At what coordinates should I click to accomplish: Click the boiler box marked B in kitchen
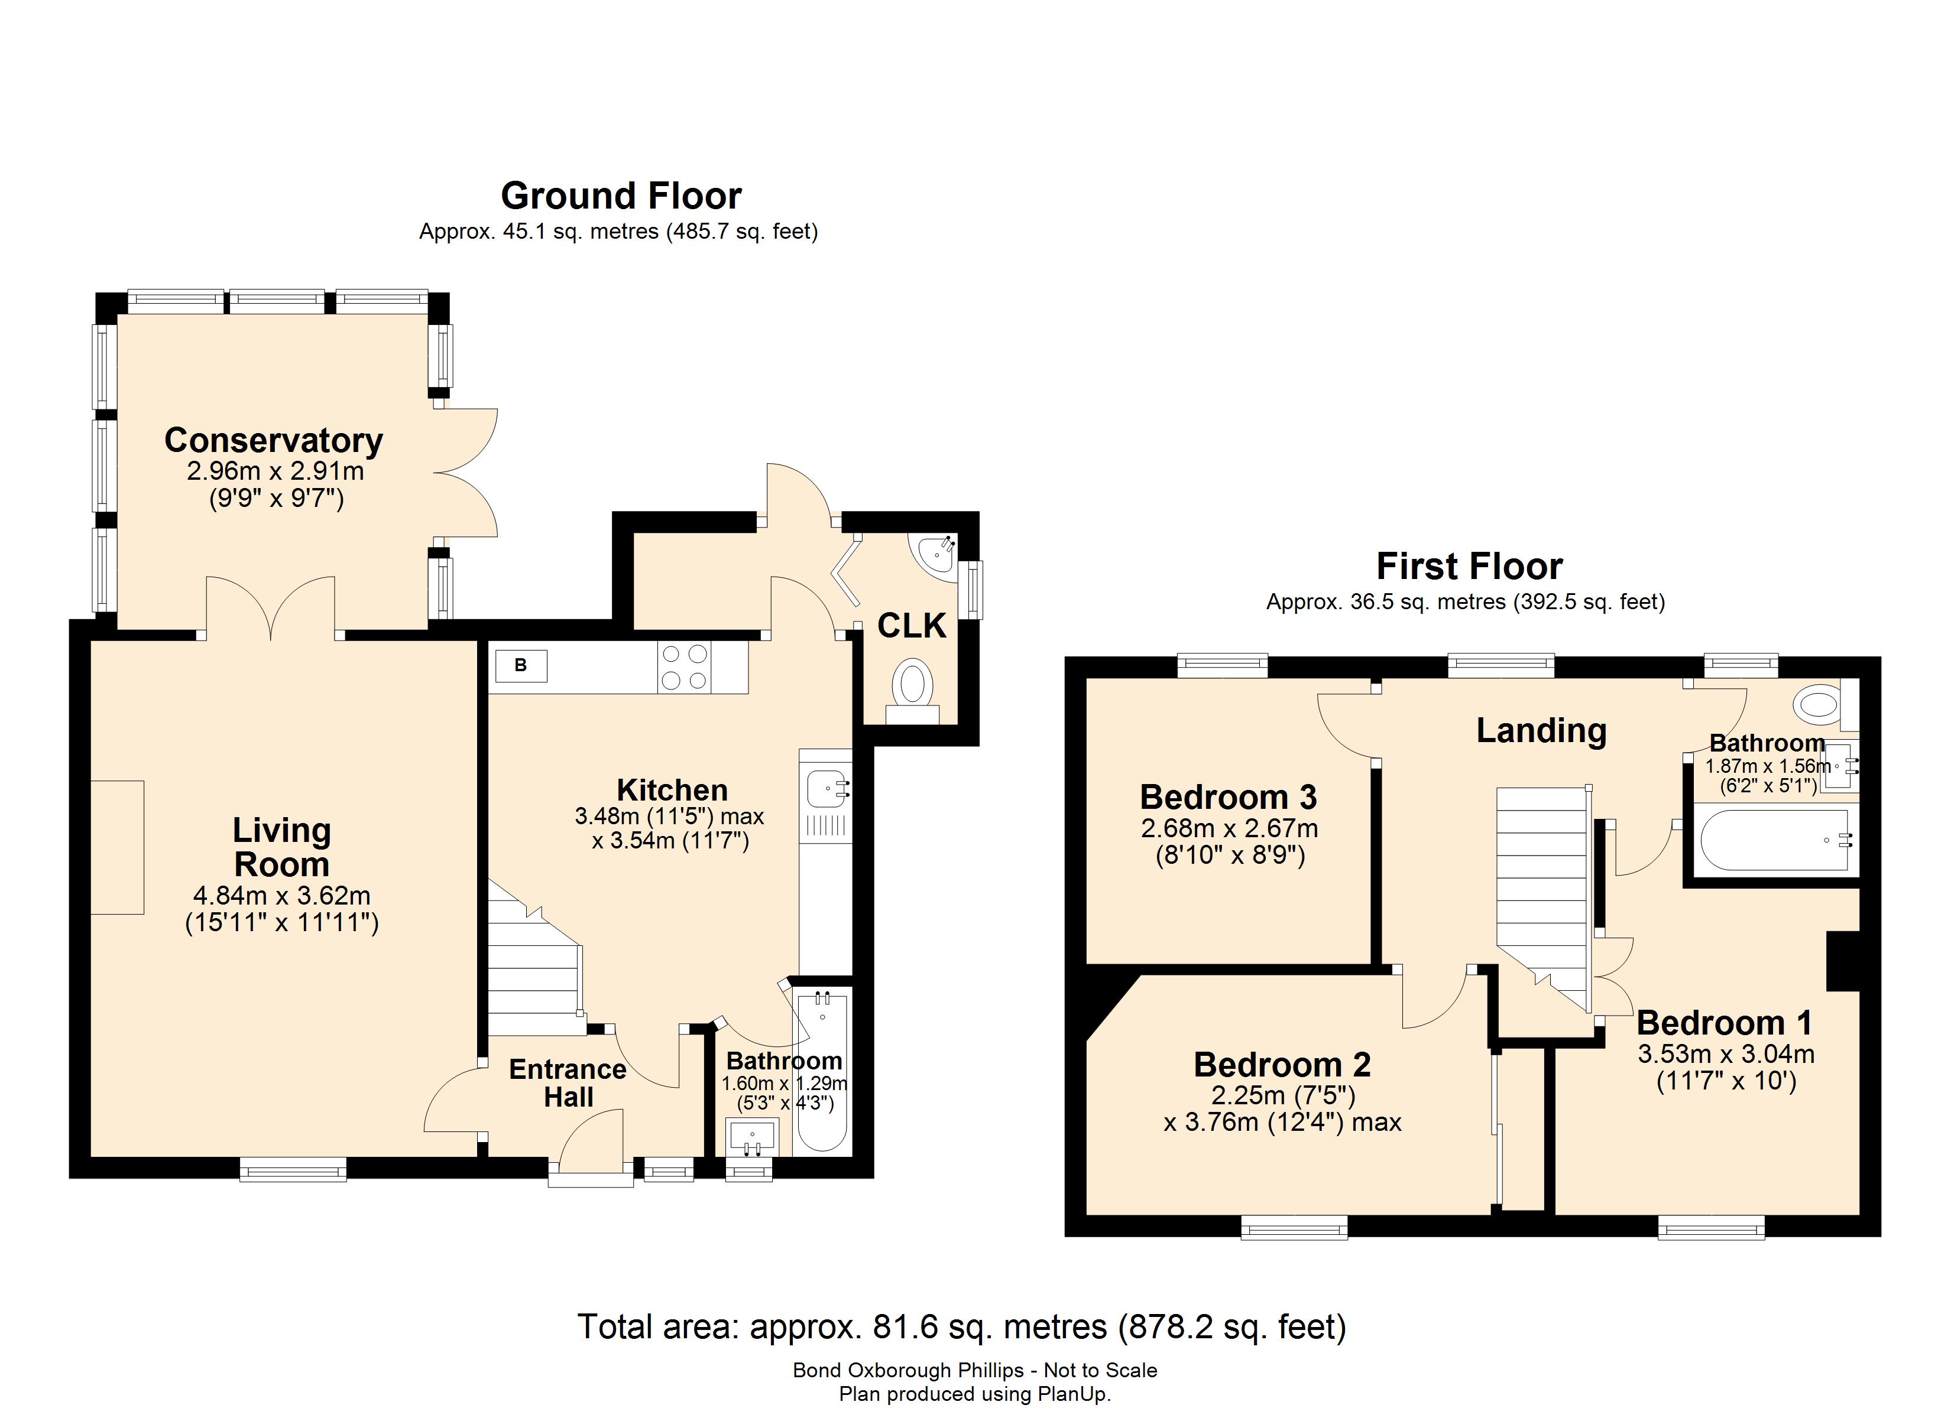click(520, 666)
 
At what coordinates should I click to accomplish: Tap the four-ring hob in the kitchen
click(684, 667)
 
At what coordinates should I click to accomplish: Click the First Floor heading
click(1469, 567)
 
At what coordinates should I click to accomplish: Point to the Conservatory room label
click(274, 440)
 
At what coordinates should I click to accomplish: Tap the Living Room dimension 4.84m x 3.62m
click(281, 895)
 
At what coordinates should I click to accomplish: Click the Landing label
click(1541, 730)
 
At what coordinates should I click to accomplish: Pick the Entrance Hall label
click(568, 1082)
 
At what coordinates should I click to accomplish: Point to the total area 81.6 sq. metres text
click(961, 1327)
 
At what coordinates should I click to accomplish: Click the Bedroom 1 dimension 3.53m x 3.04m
click(1726, 1053)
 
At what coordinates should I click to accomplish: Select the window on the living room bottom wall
click(293, 1169)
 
